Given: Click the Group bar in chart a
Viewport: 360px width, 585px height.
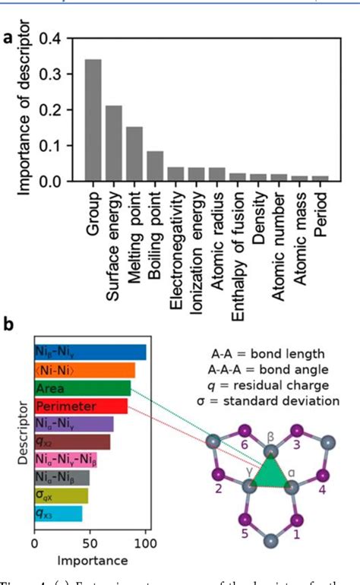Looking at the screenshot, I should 93,121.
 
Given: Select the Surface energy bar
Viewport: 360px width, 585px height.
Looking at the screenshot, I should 113,144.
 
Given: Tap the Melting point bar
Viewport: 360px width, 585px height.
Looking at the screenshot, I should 134,154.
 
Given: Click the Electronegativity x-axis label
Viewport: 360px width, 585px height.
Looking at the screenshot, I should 176,243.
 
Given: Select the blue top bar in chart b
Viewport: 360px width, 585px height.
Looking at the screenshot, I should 90,353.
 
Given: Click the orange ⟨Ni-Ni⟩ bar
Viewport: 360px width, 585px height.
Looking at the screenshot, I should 84,370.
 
